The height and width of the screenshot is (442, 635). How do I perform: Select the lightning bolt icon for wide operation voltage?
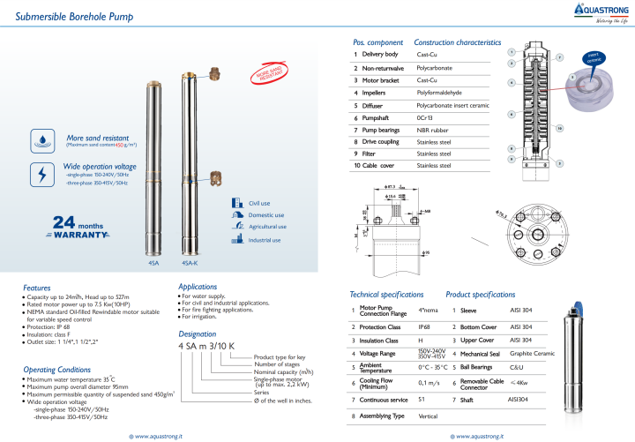[42, 173]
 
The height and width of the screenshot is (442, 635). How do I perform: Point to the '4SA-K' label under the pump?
[189, 262]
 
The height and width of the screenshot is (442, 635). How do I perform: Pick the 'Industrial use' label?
[265, 240]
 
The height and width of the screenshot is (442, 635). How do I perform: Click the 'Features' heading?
[37, 288]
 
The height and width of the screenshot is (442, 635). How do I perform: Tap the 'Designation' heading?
[197, 334]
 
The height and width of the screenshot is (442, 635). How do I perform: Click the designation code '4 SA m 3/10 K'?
[206, 347]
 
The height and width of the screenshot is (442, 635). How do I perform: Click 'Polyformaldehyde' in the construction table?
[439, 92]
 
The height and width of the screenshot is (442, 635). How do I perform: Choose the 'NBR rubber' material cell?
[432, 129]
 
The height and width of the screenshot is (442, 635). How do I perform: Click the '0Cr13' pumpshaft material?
[423, 116]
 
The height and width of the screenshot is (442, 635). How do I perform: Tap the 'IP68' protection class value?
[424, 326]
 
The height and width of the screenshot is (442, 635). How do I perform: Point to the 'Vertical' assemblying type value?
[428, 416]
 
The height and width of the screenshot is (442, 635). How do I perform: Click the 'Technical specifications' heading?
[387, 294]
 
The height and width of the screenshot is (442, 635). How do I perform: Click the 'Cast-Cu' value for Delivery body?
[429, 55]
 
